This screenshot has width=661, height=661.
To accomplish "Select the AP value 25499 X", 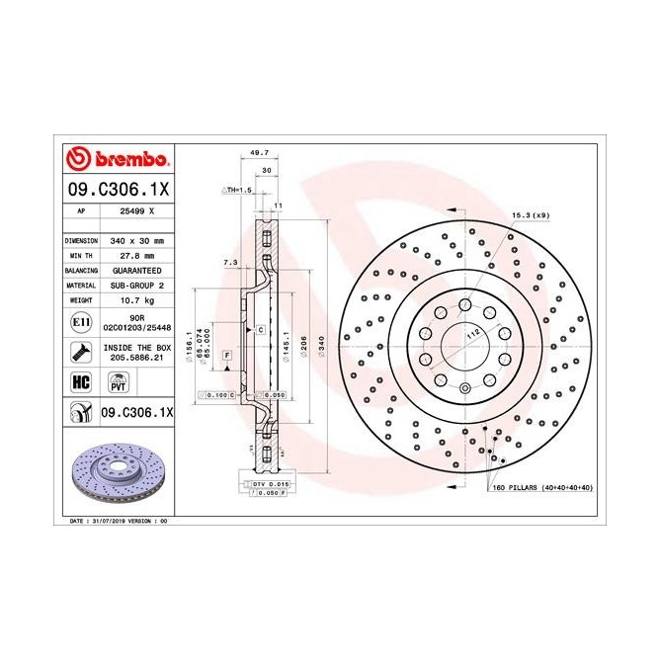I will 136,211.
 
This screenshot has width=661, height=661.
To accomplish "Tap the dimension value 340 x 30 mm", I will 136,240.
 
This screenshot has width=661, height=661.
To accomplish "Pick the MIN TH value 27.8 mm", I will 136,255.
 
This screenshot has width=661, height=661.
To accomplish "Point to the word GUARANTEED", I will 136,270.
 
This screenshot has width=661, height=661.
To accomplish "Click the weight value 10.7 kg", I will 136,298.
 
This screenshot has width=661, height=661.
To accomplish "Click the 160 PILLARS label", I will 542,487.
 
